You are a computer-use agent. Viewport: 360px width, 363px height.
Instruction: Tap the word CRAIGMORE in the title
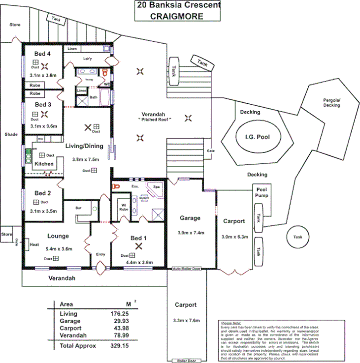[x=177, y=15]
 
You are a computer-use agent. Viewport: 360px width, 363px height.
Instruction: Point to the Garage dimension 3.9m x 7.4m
[x=190, y=233]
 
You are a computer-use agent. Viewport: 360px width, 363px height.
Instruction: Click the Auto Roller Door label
[x=187, y=269]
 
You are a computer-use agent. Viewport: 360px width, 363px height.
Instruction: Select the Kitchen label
[x=44, y=163]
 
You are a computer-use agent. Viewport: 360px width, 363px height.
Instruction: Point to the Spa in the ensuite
[x=156, y=187]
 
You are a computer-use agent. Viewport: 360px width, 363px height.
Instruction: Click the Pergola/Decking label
[x=331, y=102]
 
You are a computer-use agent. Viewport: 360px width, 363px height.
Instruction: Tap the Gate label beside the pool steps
[x=211, y=151]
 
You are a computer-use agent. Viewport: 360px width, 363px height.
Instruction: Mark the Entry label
[x=100, y=254]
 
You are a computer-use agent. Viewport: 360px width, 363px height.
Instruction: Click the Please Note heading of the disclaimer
[x=231, y=323]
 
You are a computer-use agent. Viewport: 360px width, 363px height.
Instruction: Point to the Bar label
[x=78, y=208]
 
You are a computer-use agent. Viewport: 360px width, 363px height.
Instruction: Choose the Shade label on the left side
[x=11, y=134]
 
